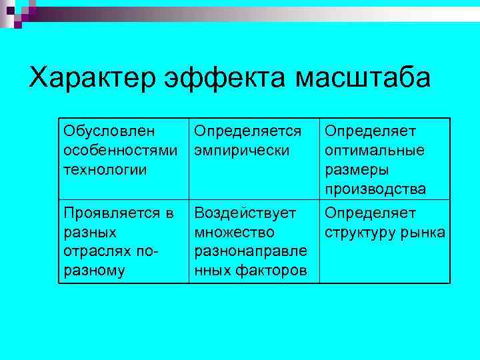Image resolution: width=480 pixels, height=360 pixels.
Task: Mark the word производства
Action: tap(376, 189)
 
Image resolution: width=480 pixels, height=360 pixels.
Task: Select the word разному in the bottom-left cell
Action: tap(94, 271)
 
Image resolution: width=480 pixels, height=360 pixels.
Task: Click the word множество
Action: tap(234, 233)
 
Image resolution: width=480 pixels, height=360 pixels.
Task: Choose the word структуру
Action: tap(361, 233)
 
